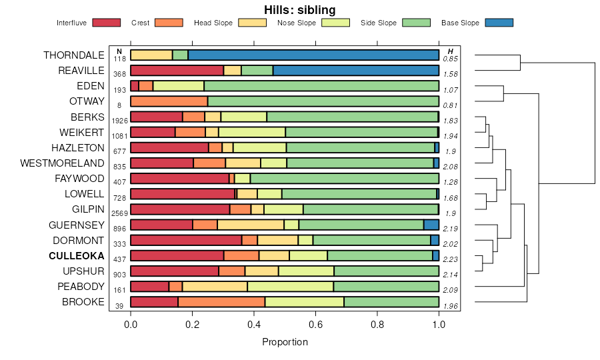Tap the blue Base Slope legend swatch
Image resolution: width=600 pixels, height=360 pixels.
click(499, 23)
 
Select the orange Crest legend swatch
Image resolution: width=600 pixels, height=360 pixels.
click(168, 23)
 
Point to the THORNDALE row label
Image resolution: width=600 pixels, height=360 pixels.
click(74, 55)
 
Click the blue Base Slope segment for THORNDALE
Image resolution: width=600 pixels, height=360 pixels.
click(313, 55)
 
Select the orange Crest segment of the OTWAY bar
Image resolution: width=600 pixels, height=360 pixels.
click(169, 101)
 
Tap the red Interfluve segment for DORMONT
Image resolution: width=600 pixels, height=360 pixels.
click(186, 240)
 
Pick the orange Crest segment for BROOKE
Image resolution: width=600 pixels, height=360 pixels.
click(221, 302)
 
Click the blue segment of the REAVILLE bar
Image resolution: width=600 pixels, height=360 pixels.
click(356, 71)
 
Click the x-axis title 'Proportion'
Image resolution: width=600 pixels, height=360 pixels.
click(285, 342)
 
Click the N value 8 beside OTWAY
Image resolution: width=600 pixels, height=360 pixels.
click(119, 105)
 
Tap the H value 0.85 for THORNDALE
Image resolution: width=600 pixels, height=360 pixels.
click(451, 59)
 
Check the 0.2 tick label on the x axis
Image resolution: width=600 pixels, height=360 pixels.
click(192, 325)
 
